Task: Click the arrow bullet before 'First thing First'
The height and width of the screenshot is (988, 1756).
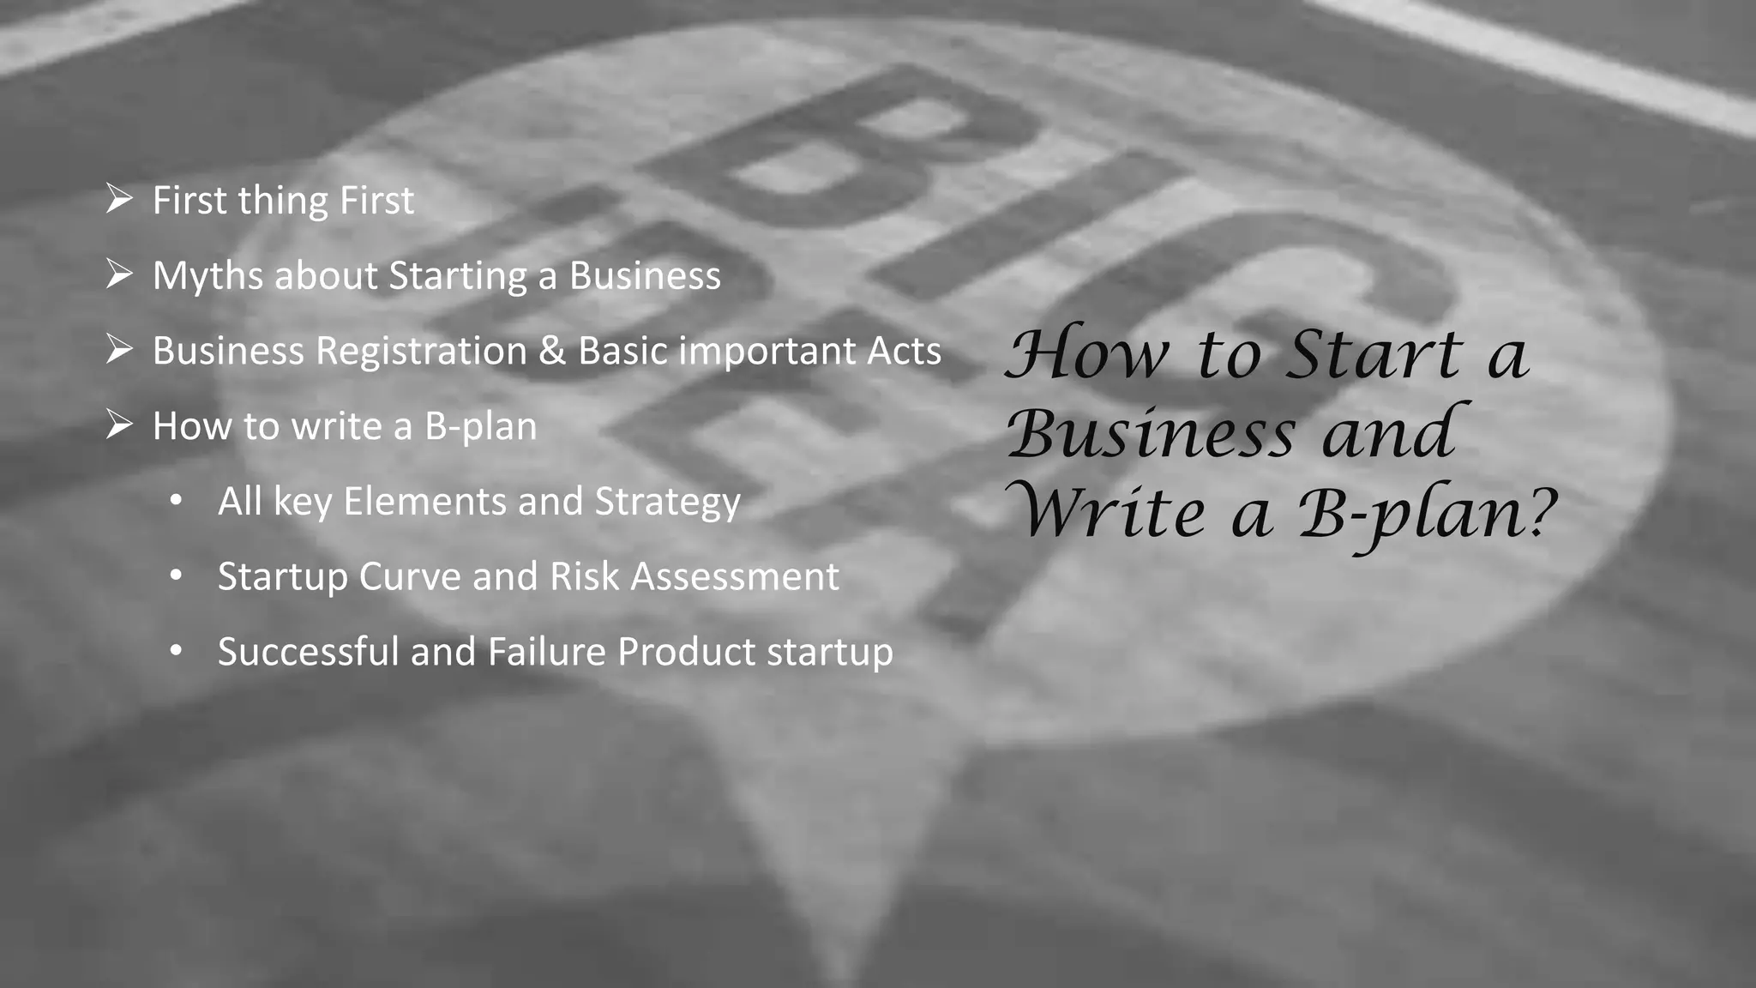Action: (119, 200)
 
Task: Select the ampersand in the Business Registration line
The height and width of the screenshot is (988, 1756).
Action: (551, 351)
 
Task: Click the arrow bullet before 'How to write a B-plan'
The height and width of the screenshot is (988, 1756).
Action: (119, 425)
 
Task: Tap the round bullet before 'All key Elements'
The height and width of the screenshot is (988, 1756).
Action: (176, 501)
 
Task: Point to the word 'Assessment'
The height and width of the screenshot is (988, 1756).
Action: (735, 576)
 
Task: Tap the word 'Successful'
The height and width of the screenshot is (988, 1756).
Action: (308, 652)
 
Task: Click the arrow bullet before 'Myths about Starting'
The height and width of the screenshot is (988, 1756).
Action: (119, 275)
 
